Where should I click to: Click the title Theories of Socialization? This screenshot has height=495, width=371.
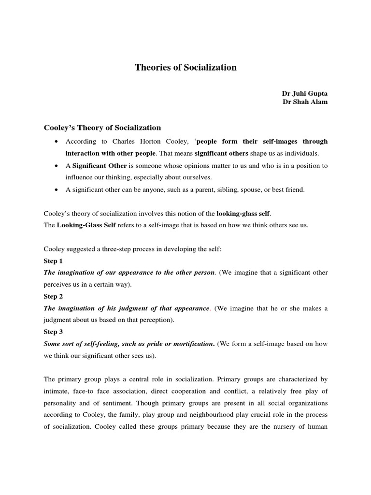tap(185, 68)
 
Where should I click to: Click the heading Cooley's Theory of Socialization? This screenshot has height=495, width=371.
tap(102, 128)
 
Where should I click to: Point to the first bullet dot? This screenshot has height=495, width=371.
tap(57, 142)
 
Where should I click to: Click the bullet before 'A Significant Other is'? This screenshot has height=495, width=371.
tap(57, 166)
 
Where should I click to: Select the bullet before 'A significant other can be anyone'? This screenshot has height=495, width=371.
tap(57, 190)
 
